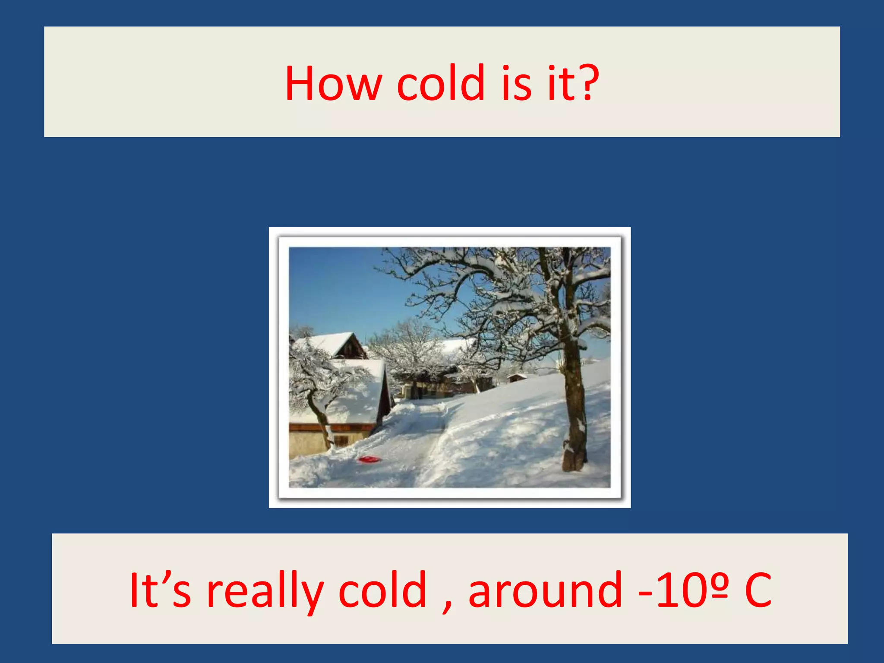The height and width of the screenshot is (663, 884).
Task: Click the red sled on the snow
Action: [369, 459]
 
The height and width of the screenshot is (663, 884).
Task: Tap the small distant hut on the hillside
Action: [516, 378]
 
